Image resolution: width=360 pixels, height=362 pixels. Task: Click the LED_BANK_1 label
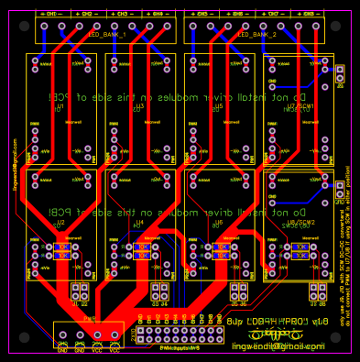click(108, 34)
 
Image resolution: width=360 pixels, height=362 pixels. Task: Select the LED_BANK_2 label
click(257, 34)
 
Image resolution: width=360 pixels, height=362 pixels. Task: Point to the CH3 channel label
click(122, 16)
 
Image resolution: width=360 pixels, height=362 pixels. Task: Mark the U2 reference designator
click(60, 223)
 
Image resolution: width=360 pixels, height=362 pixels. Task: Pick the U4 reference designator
click(139, 223)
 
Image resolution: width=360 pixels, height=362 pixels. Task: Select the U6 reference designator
click(218, 223)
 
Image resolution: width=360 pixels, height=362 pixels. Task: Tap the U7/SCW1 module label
click(300, 107)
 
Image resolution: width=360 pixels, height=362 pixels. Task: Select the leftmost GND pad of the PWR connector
click(63, 340)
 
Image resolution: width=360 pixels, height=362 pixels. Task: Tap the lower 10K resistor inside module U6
click(220, 256)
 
